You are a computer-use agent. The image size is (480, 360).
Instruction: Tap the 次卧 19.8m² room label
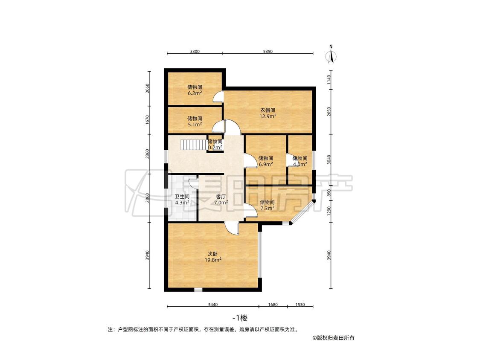coord(213,257)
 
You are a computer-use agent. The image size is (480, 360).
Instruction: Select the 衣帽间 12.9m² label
coord(268,113)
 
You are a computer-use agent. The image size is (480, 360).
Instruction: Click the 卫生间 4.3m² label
coord(182,200)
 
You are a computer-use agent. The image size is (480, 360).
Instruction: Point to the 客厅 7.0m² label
coord(221,200)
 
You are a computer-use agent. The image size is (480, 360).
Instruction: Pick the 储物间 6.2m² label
coord(195,90)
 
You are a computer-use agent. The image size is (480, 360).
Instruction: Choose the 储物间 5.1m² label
coord(195,121)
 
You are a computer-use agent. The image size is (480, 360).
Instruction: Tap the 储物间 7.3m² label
coord(267,206)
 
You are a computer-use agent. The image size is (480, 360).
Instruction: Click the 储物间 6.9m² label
coord(265,161)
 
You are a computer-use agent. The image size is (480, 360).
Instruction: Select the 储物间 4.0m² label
coord(300,161)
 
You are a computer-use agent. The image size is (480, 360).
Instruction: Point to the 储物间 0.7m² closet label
coord(215,145)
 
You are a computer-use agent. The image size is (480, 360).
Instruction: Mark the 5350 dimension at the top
coord(268,52)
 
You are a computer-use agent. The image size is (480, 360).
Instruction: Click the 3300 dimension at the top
coord(195,52)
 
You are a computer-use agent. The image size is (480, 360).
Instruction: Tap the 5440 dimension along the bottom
coord(213,304)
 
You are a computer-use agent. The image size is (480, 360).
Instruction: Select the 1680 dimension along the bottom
coord(273,304)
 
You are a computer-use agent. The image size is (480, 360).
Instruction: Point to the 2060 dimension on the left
coord(148,88)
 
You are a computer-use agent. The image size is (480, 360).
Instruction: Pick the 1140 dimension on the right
coord(329,80)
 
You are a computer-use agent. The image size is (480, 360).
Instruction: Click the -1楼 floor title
coord(240,318)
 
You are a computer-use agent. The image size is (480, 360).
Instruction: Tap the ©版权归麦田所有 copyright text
coord(333,338)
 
